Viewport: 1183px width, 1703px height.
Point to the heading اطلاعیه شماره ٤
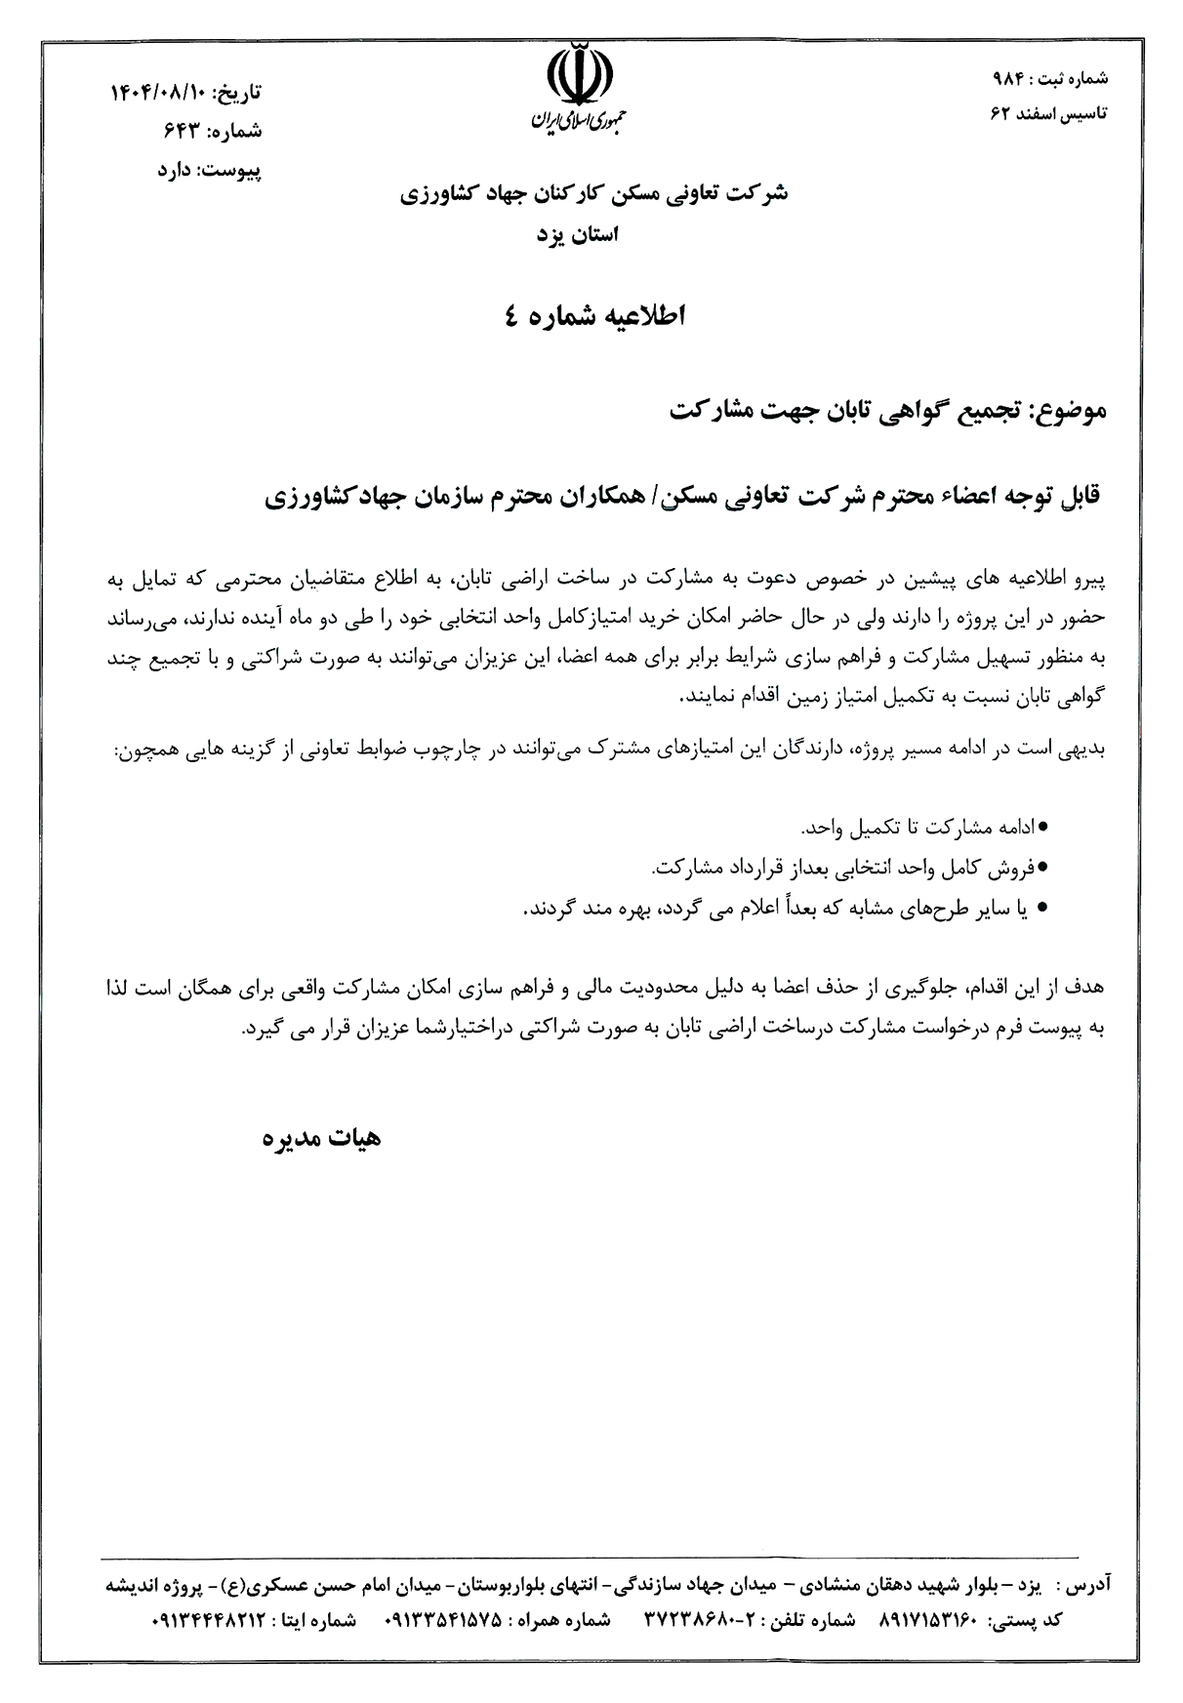pyautogui.click(x=592, y=317)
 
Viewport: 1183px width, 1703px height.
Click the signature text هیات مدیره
pyautogui.click(x=322, y=1138)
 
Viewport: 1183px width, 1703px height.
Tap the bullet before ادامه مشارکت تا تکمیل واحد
pyautogui.click(x=1042, y=827)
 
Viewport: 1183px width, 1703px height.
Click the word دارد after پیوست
pyautogui.click(x=178, y=169)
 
